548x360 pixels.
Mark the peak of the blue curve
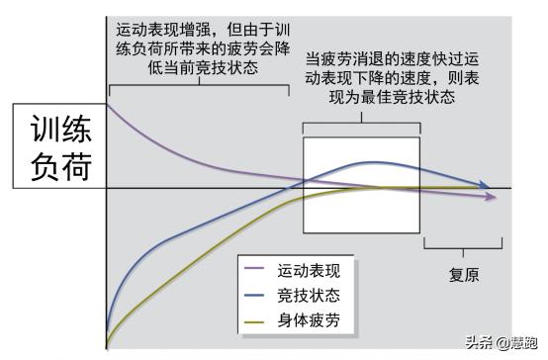tap(373, 162)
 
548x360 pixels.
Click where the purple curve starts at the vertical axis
tap(108, 104)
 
